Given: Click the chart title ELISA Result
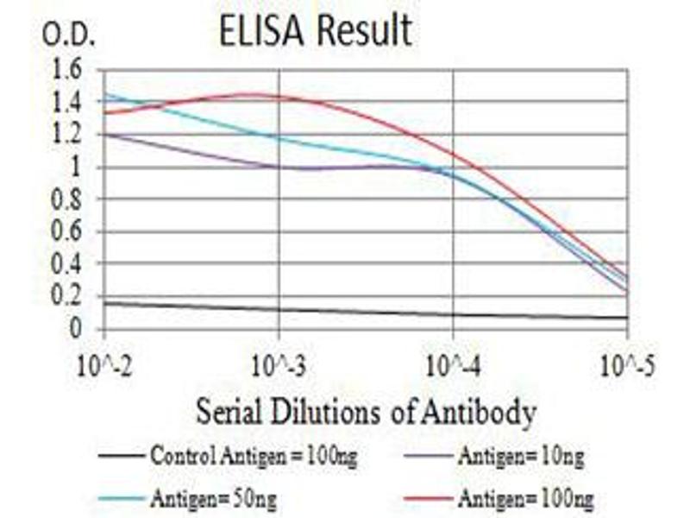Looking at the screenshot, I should pos(315,31).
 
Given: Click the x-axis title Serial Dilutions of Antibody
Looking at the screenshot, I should pos(366,412).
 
